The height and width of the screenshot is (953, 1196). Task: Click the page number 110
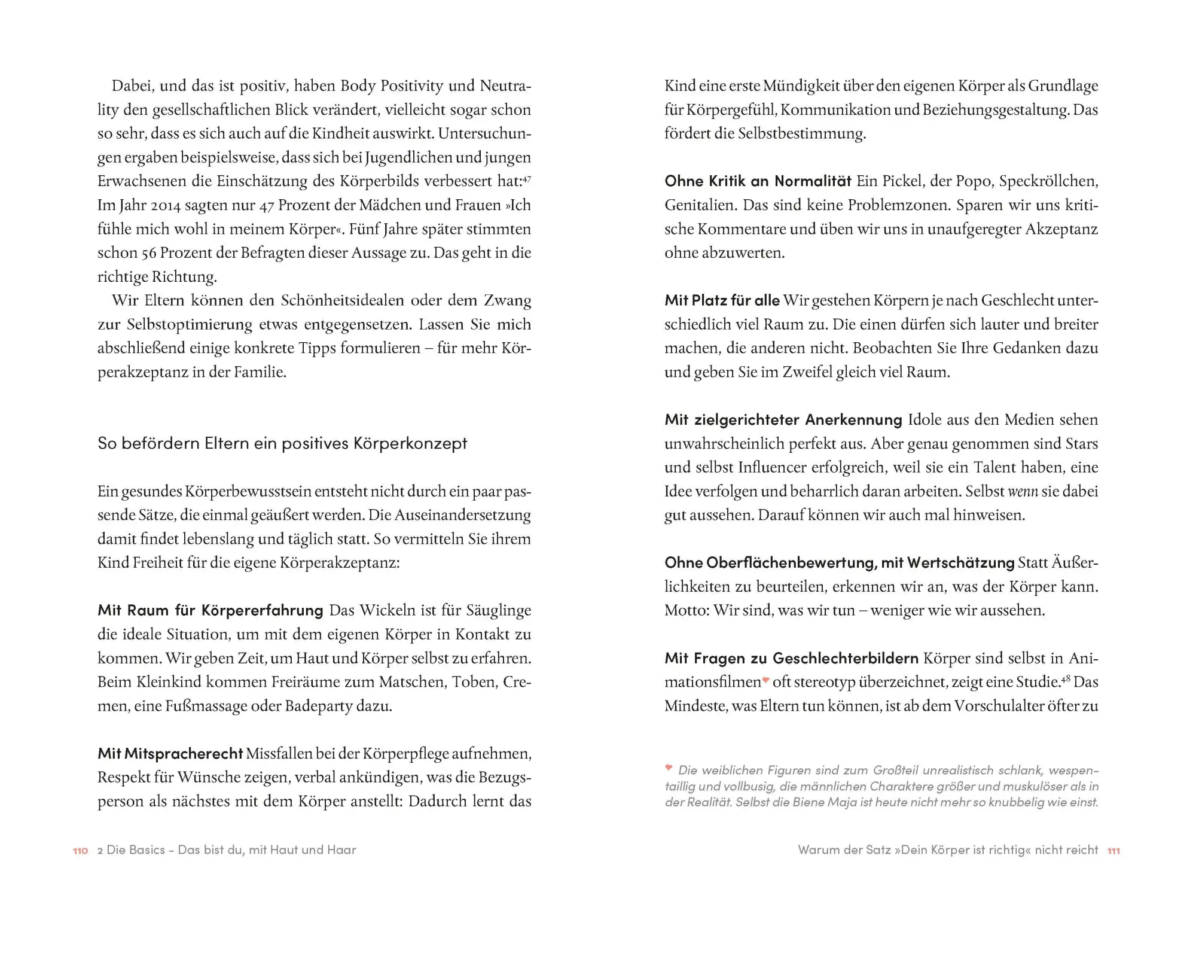coord(80,851)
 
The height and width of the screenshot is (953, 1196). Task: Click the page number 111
coord(1113,851)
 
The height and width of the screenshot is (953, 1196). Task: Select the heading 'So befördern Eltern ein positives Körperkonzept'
coord(282,443)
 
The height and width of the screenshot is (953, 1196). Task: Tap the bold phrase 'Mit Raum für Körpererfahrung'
coord(210,610)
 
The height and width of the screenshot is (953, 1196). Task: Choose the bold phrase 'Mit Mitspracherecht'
coord(170,753)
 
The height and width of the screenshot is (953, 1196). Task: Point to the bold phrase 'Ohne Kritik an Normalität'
coord(758,181)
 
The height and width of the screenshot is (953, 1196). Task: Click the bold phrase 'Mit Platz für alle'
coord(722,300)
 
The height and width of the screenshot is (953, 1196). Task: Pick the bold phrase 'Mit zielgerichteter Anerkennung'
coord(783,419)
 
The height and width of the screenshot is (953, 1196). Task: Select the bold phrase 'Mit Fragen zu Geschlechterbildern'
coord(791,658)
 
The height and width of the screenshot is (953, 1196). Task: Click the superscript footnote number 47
coord(527,178)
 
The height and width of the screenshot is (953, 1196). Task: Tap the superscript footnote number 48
coord(1066,679)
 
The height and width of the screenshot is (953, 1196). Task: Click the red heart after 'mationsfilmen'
coord(765,680)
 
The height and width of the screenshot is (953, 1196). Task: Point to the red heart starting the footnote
coord(669,768)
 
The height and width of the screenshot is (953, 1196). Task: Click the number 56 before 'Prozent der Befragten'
coord(148,253)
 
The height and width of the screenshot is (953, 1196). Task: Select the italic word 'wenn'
coord(1023,492)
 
